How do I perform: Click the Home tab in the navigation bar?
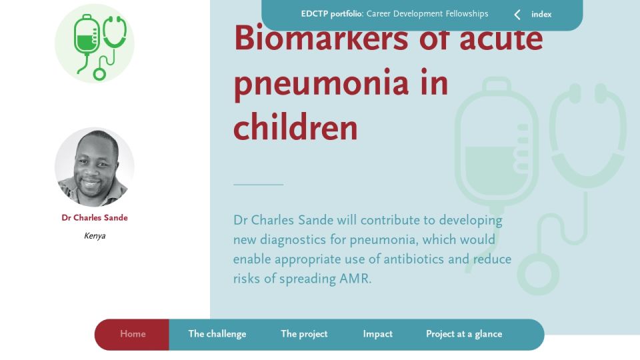[x=133, y=334]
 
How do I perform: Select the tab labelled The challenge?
[x=217, y=334]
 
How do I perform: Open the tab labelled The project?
[x=304, y=334]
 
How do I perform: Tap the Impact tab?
[x=377, y=334]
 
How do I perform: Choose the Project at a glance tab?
[x=464, y=334]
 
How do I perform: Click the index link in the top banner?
[x=541, y=14]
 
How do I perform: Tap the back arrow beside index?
[x=517, y=15]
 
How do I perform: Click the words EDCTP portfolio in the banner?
[x=331, y=14]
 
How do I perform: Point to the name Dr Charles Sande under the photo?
[x=95, y=217]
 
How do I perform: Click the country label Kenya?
[x=95, y=236]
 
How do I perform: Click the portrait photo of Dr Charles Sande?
[x=95, y=167]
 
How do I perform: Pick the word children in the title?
[x=295, y=127]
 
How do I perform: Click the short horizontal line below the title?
[x=259, y=185]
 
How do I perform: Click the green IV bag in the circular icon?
[x=86, y=41]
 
